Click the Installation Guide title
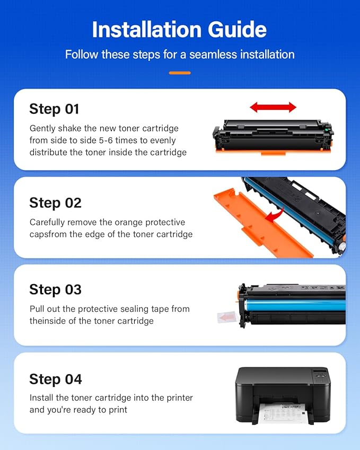[180, 30]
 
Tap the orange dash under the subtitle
[180, 73]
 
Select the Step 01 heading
[54, 109]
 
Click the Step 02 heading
[55, 202]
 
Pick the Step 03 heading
[55, 289]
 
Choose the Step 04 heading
[56, 379]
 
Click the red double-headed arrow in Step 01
[273, 108]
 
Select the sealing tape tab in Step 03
[227, 317]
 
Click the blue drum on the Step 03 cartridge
[297, 306]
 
